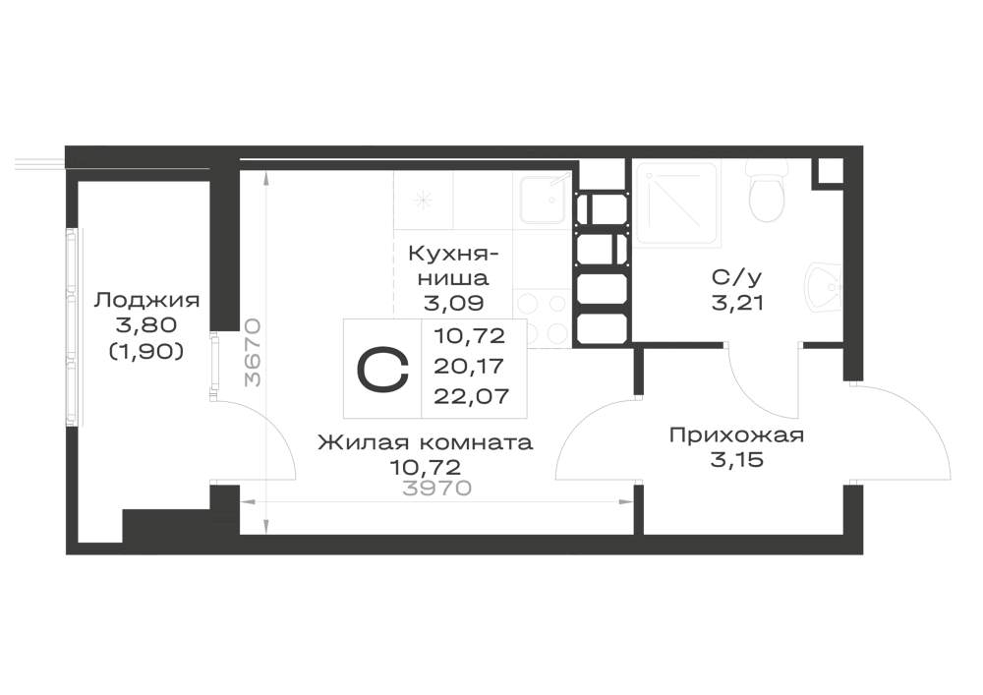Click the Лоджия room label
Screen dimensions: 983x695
146,301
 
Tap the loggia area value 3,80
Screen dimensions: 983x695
146,326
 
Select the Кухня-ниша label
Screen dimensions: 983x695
454,265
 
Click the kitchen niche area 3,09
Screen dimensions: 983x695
454,304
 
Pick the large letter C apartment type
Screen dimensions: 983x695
382,369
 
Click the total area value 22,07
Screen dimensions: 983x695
471,396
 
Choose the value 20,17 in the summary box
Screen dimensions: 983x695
470,366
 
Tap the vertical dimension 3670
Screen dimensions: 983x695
254,352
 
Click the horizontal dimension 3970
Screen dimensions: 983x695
436,489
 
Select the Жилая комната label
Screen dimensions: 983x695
425,443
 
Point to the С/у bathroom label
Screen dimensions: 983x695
736,277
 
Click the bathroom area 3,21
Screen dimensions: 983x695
737,304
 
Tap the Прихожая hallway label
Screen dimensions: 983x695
736,434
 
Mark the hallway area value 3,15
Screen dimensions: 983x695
737,461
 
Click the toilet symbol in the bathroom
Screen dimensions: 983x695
767,191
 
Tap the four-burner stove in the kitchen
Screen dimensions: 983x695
543,319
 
